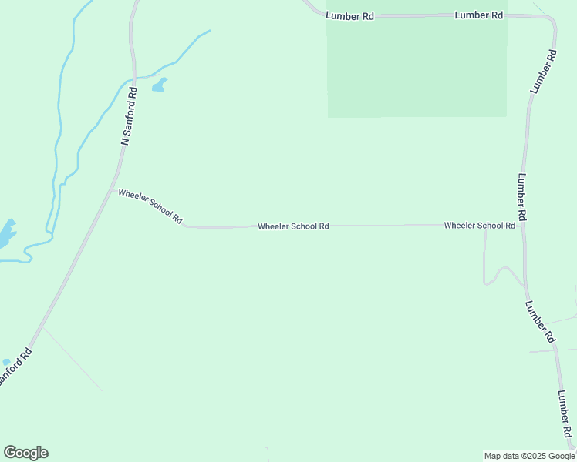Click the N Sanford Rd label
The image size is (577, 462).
[x=129, y=115]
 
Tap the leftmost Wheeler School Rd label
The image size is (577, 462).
[x=150, y=207]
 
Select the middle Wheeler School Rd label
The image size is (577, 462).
[x=293, y=226]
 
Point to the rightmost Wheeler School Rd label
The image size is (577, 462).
[x=479, y=226]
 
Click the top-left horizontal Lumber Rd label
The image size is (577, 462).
[x=349, y=15]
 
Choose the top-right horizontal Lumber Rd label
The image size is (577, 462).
[x=479, y=15]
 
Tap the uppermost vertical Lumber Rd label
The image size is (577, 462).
[x=543, y=72]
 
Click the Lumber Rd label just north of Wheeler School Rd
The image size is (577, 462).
[x=522, y=197]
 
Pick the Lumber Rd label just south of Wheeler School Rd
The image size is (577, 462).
[x=540, y=321]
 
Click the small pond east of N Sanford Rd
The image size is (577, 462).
[x=159, y=85]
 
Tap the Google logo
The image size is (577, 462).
[x=25, y=453]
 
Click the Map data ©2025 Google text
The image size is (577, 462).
[x=529, y=456]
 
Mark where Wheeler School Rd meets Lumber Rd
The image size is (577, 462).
[x=524, y=226]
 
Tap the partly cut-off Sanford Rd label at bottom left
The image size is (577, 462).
[x=15, y=368]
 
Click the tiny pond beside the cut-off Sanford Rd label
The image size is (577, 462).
[x=6, y=361]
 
